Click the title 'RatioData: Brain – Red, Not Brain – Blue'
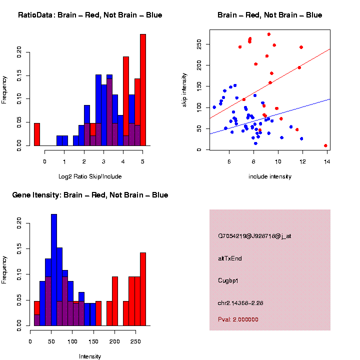point(90,15)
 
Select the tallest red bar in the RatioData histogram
point(143,90)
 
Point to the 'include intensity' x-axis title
point(269,176)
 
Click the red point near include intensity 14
point(325,145)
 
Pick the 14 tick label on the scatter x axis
point(326,161)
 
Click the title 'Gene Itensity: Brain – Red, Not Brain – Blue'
point(90,195)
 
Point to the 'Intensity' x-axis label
point(90,356)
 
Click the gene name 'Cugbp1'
point(228,280)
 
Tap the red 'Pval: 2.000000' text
point(238,319)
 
